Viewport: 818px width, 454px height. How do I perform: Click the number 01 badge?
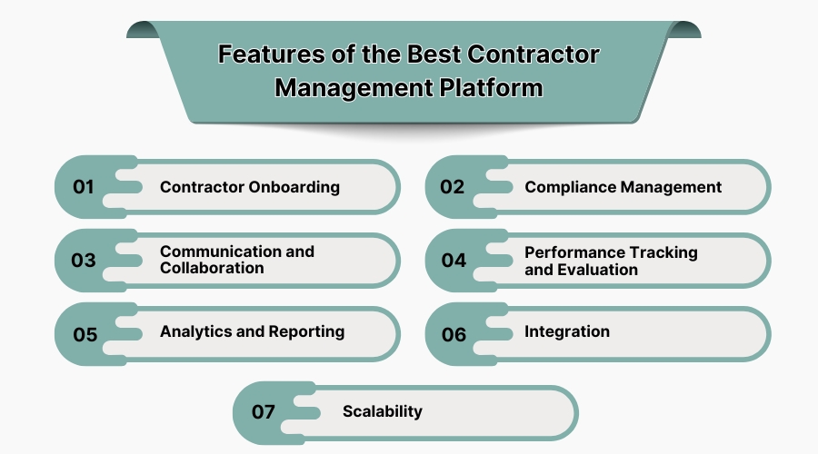click(85, 187)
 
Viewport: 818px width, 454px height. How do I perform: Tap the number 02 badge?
click(453, 187)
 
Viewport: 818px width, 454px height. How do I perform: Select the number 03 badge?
click(84, 261)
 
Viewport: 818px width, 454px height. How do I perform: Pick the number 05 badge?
click(85, 334)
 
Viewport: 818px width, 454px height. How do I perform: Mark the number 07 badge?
click(263, 412)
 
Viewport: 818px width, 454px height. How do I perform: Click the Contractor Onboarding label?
click(250, 187)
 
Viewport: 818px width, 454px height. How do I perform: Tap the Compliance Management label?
click(623, 187)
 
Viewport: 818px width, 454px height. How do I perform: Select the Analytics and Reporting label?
click(252, 331)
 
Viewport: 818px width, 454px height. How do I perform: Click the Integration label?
click(567, 331)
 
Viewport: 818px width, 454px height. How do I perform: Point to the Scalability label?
click(383, 411)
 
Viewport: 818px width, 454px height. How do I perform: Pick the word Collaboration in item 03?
click(212, 268)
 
